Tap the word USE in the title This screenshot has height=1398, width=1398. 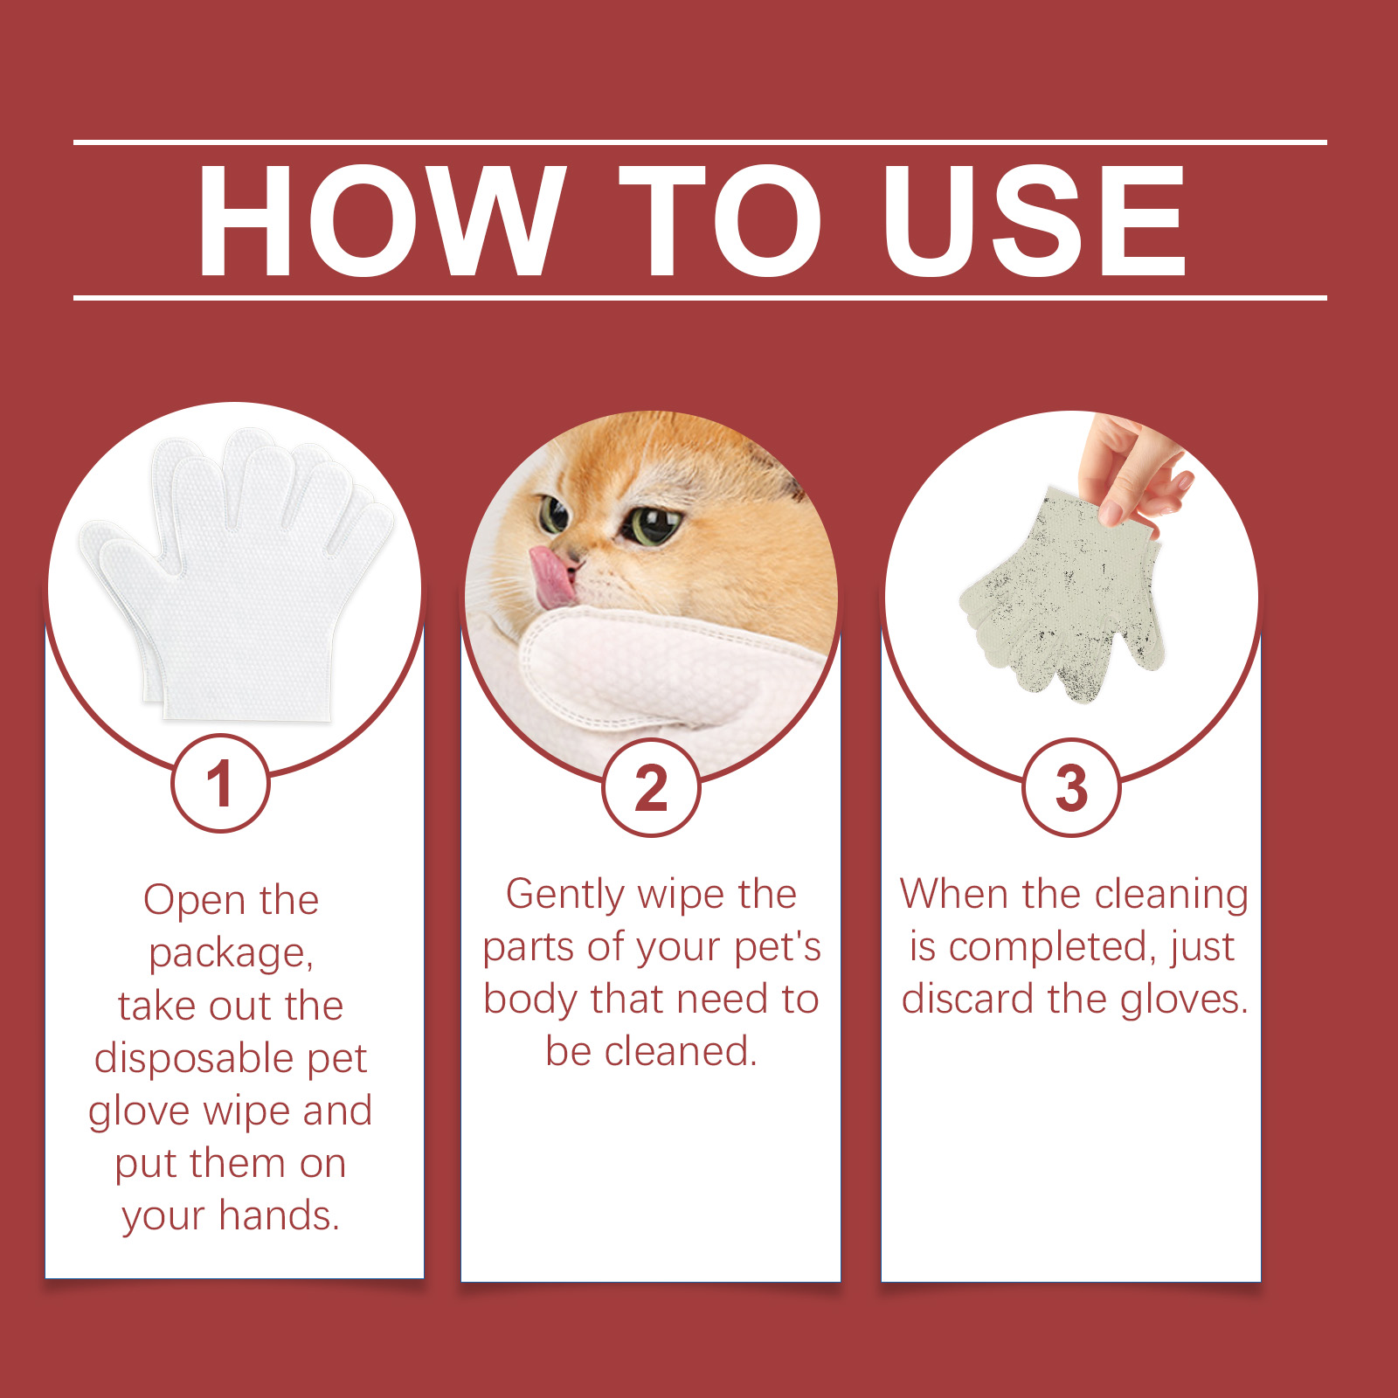point(1035,220)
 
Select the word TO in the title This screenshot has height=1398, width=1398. point(720,220)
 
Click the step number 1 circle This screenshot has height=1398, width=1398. point(220,783)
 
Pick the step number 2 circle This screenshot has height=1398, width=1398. point(651,788)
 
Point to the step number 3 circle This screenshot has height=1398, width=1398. point(1071,788)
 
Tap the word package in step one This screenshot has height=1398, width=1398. point(231,953)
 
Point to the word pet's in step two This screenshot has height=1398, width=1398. point(778,947)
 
